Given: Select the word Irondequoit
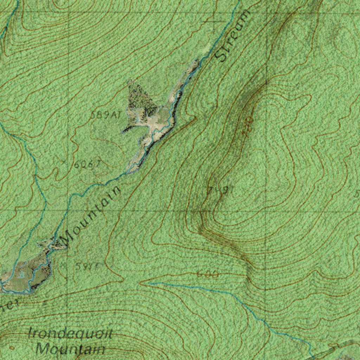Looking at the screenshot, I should coord(70,333).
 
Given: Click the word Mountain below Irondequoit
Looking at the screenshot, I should coord(70,349).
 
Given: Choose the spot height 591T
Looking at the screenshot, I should coord(85,266).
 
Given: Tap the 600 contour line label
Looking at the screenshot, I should coord(207,274).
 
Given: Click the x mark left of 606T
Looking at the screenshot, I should coord(64,162).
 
